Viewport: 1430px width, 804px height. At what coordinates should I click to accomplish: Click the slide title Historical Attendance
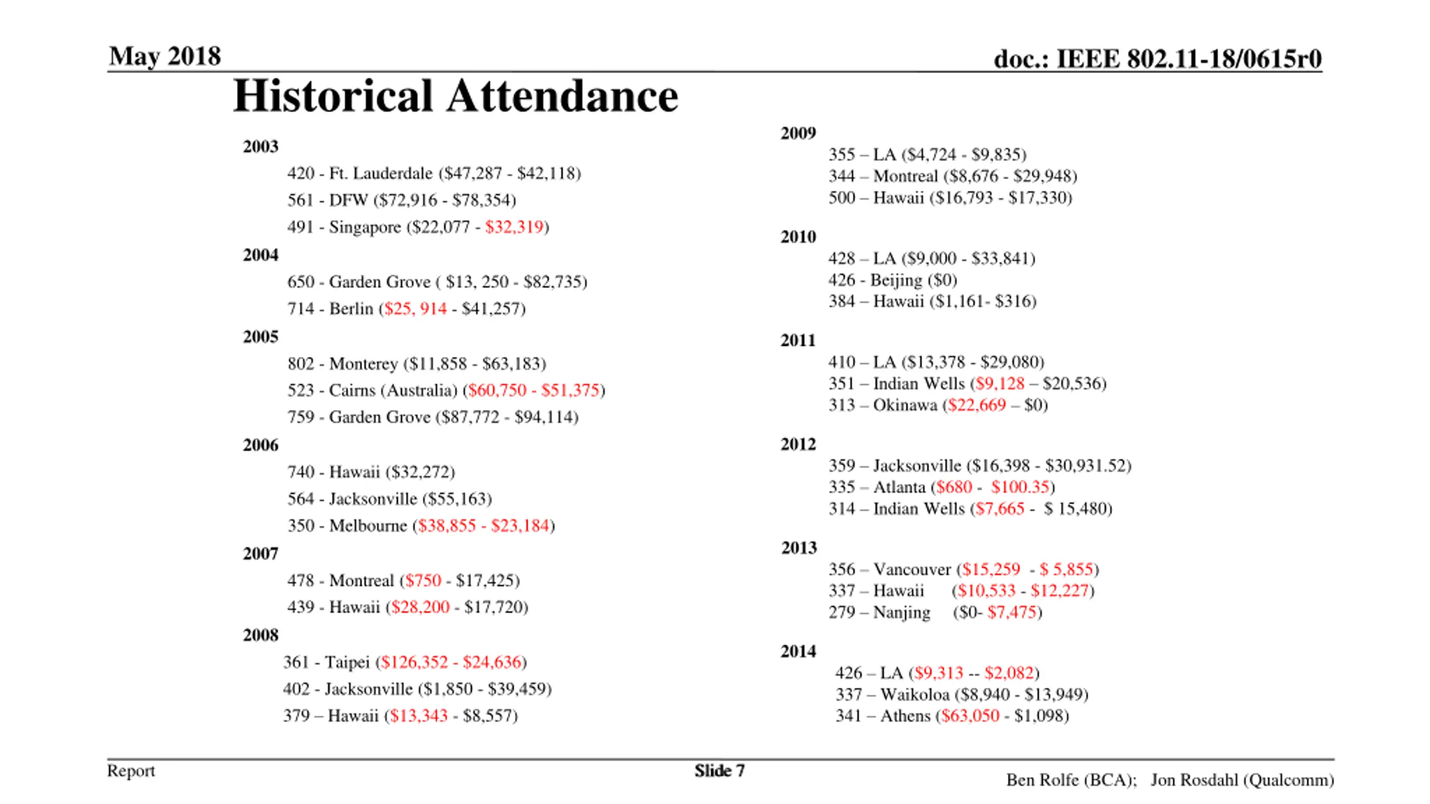point(455,96)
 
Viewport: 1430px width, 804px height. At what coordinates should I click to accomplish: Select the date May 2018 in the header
point(165,56)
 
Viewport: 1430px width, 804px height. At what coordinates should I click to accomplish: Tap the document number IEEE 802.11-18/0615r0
point(1189,59)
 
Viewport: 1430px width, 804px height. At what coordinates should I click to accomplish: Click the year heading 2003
point(260,147)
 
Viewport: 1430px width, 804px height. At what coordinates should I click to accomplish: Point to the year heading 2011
point(798,341)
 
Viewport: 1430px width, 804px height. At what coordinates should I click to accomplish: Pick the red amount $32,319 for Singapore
point(514,227)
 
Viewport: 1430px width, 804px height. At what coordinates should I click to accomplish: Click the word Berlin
point(351,309)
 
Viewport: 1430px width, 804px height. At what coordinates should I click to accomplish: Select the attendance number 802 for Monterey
point(301,364)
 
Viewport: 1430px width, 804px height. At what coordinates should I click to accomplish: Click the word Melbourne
point(368,526)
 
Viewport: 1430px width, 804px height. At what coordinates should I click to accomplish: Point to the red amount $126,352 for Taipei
point(414,662)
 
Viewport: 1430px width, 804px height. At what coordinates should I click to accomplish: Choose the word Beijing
point(896,280)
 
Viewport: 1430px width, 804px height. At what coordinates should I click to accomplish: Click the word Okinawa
point(905,405)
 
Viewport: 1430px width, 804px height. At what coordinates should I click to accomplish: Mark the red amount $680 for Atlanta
point(954,487)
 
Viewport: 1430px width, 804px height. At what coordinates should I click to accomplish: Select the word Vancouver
point(912,569)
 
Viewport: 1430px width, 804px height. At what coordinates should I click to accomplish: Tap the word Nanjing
point(902,612)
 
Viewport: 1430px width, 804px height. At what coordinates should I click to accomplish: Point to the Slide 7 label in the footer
point(719,771)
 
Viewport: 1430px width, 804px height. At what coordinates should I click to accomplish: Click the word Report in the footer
point(131,771)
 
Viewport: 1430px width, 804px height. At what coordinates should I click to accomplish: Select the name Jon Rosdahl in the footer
point(1194,780)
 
